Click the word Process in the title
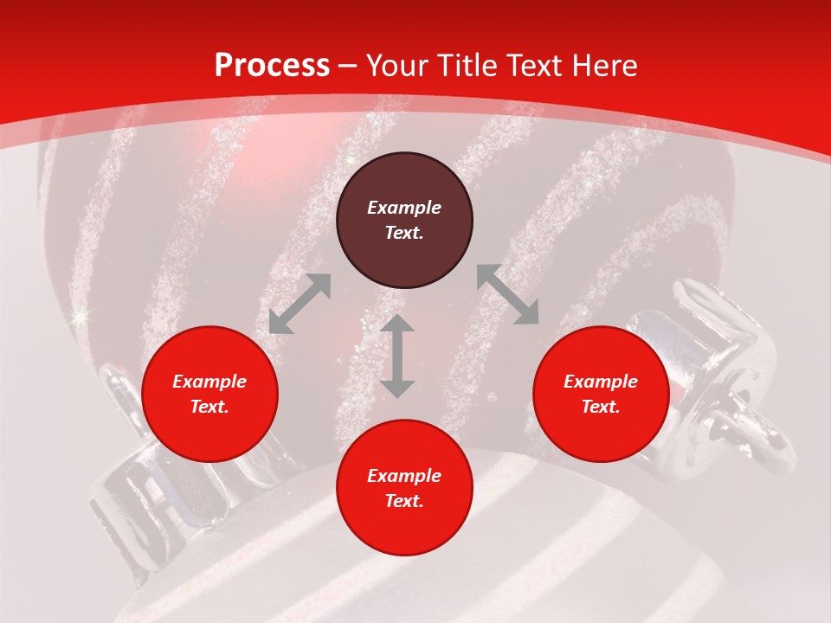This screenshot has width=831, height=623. pyautogui.click(x=272, y=66)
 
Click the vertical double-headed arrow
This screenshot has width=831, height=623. pyautogui.click(x=397, y=356)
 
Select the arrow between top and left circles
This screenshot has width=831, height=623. pyautogui.click(x=300, y=304)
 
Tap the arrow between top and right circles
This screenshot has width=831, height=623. pyautogui.click(x=507, y=294)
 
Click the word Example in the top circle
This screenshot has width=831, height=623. pyautogui.click(x=404, y=208)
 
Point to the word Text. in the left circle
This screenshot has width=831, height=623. pyautogui.click(x=209, y=407)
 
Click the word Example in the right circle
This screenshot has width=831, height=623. pyautogui.click(x=601, y=382)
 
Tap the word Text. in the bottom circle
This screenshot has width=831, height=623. pyautogui.click(x=404, y=501)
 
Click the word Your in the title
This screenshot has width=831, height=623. pyautogui.click(x=396, y=66)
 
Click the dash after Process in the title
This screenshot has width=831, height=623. pyautogui.click(x=348, y=66)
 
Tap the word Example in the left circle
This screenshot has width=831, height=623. pyautogui.click(x=209, y=382)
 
